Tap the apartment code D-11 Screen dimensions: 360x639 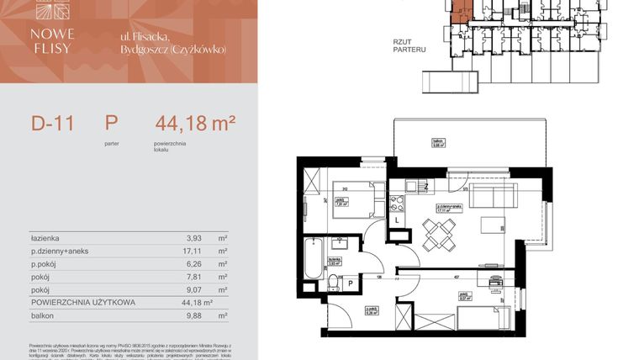(x=52, y=124)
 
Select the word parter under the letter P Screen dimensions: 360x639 (x=112, y=144)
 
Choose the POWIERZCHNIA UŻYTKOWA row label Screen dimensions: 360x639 (x=82, y=303)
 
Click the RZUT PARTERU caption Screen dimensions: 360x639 (x=409, y=45)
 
